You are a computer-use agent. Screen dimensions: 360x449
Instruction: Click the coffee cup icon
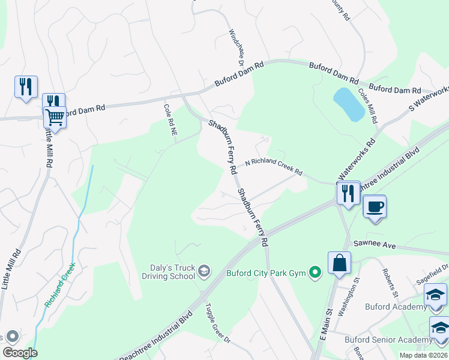[x=375, y=207]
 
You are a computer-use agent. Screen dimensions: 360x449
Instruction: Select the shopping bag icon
[x=339, y=263]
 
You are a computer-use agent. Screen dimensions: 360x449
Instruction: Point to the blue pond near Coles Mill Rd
[x=348, y=104]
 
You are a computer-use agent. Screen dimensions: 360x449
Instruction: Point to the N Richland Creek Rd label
[x=273, y=167]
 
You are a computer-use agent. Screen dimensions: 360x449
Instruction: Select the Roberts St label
[x=388, y=281]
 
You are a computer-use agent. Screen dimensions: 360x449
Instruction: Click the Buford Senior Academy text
[x=387, y=340]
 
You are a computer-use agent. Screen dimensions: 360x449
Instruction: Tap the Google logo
[x=20, y=353]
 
